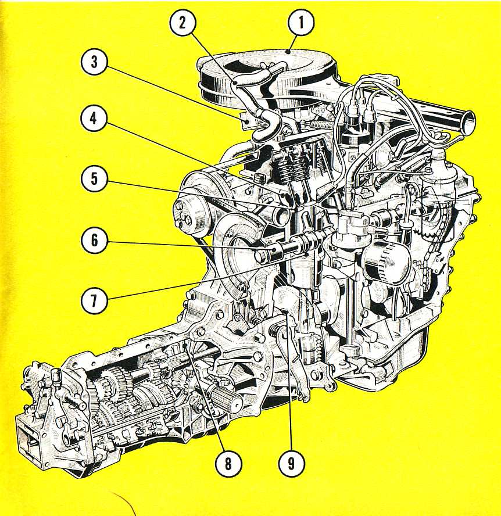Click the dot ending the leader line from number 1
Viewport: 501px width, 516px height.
pyautogui.click(x=289, y=51)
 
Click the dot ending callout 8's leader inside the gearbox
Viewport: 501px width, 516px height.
pyautogui.click(x=186, y=345)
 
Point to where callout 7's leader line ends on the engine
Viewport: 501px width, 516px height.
pyautogui.click(x=306, y=255)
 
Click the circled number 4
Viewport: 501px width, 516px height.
pyautogui.click(x=94, y=119)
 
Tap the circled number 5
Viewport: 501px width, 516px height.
pyautogui.click(x=94, y=179)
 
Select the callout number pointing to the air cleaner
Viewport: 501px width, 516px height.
pyautogui.click(x=301, y=22)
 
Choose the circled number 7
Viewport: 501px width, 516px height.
pyautogui.click(x=94, y=300)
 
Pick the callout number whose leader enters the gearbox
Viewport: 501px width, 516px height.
pyautogui.click(x=228, y=464)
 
